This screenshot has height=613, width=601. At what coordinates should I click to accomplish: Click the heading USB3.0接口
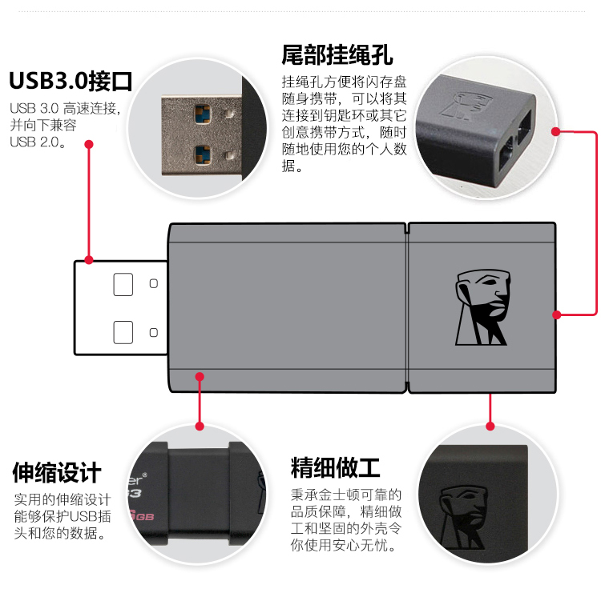(71, 81)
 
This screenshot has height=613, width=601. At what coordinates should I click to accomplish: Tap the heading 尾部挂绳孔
(337, 54)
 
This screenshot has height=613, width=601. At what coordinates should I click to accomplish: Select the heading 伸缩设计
(57, 472)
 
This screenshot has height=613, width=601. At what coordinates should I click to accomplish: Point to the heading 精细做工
(335, 467)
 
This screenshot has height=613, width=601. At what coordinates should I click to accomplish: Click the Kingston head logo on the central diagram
(482, 307)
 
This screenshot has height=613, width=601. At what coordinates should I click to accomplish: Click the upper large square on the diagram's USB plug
(123, 284)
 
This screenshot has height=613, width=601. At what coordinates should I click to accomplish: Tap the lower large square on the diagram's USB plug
(123, 332)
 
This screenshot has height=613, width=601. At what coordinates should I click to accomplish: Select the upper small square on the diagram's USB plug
(154, 283)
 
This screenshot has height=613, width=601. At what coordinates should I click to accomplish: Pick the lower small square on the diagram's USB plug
(154, 332)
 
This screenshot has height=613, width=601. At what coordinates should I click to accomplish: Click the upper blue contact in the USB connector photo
(203, 114)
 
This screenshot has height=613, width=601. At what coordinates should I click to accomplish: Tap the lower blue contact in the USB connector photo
(203, 154)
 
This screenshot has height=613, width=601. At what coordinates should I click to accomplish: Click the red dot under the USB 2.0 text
(89, 144)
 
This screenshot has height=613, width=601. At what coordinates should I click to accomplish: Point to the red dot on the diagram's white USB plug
(89, 260)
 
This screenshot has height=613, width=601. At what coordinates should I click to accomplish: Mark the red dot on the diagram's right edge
(557, 315)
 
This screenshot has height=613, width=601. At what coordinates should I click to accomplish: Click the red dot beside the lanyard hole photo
(555, 131)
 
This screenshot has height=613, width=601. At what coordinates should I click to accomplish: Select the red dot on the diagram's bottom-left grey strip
(200, 376)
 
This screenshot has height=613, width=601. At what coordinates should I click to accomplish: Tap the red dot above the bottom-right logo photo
(490, 426)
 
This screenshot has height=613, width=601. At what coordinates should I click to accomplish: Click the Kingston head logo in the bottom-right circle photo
(463, 517)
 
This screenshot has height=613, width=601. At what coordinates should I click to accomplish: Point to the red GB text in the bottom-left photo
(144, 517)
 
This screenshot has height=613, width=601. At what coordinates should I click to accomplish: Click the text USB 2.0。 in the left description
(38, 142)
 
